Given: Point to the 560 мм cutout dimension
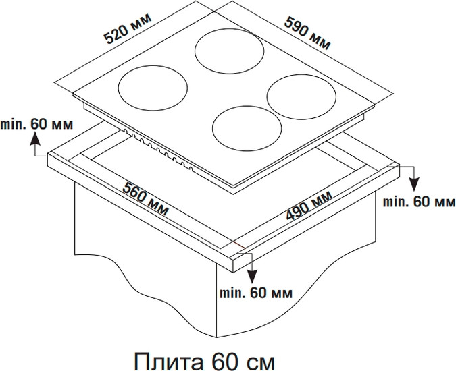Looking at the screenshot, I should point(145,199).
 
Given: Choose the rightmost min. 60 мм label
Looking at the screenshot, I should point(419,201).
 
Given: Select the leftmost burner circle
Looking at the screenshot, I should point(153,88).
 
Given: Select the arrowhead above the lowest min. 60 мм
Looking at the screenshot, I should point(253,277).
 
